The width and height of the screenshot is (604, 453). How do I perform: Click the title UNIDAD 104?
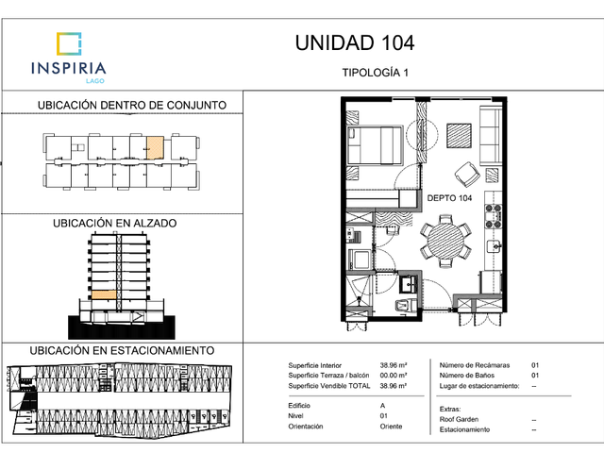click(355, 42)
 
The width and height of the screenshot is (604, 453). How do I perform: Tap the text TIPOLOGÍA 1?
click(376, 73)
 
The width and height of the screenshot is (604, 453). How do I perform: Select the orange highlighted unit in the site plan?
click(155, 147)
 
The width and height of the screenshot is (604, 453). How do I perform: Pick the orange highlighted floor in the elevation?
click(104, 294)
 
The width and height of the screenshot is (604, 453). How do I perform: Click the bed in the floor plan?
click(375, 145)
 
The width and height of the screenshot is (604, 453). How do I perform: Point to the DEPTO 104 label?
click(449, 198)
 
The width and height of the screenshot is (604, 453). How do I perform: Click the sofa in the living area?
click(491, 136)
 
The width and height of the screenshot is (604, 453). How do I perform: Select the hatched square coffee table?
click(460, 135)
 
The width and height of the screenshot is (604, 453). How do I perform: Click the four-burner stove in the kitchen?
click(493, 216)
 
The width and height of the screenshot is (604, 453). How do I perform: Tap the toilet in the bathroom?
click(406, 306)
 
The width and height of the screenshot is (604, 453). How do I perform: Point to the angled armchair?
click(467, 175)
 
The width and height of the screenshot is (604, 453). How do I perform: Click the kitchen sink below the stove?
click(495, 245)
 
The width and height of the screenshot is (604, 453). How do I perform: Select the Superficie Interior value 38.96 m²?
click(394, 365)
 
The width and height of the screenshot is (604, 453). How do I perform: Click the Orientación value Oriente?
click(391, 427)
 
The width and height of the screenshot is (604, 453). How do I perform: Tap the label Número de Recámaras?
click(475, 365)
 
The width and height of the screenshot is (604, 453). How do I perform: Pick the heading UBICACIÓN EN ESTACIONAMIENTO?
click(122, 350)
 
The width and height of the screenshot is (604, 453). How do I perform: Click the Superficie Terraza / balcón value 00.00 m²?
click(394, 376)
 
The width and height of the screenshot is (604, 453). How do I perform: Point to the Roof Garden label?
click(459, 419)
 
